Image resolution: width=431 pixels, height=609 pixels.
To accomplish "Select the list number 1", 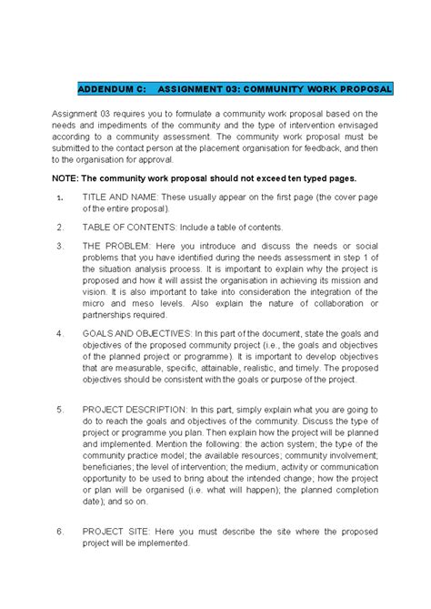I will coord(60,198).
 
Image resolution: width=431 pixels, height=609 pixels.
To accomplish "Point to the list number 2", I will coord(60,227).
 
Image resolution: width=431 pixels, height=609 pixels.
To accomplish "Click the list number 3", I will coord(60,246).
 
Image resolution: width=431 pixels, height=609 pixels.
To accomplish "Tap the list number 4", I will coord(60,333).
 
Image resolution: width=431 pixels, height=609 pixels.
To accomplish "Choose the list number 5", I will coord(60,410).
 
